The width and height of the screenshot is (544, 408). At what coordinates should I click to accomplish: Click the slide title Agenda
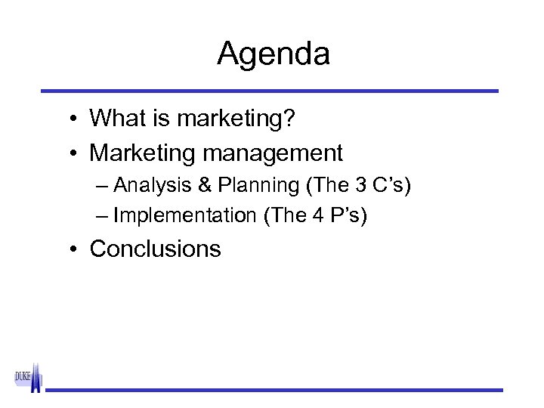[x=273, y=54]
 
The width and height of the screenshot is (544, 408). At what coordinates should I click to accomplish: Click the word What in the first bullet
[x=113, y=118]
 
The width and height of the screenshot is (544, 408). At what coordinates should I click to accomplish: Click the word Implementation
[x=184, y=216]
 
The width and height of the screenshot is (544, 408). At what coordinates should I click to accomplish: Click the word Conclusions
[x=155, y=249]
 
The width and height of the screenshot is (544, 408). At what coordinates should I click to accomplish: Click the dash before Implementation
[x=103, y=216]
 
